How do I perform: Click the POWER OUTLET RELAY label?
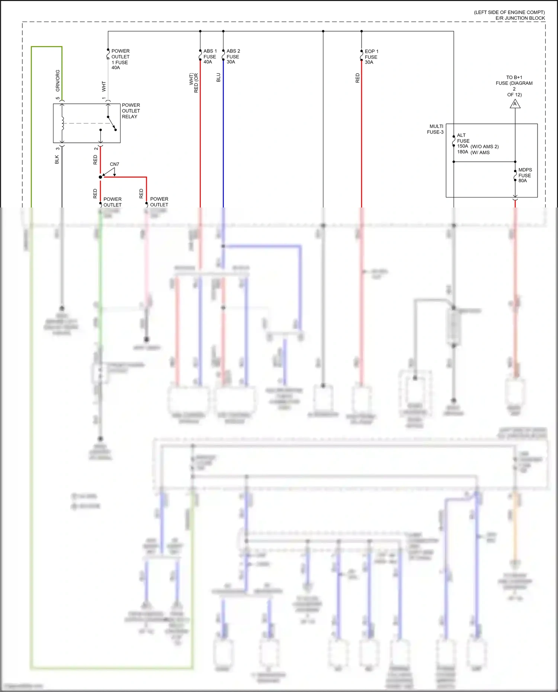coord(131,111)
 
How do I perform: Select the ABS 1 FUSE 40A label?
coord(210,57)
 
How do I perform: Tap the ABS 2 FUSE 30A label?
coord(233,57)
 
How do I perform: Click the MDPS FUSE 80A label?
coord(525,175)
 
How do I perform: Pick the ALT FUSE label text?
coord(463,138)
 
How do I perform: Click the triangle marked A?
coord(515,104)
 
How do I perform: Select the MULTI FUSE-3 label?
coord(435,129)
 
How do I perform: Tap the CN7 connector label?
coord(115,164)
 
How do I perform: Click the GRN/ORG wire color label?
coord(58,81)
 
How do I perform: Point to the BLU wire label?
coord(218,77)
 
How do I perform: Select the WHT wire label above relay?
coord(104,86)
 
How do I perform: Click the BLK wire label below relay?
coord(57,160)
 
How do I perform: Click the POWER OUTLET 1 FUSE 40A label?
coord(120,59)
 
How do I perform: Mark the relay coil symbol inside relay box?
coord(62,123)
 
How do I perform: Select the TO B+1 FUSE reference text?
coord(514,86)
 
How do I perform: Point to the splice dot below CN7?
coord(100,177)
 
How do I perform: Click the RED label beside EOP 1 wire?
coord(357,78)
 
